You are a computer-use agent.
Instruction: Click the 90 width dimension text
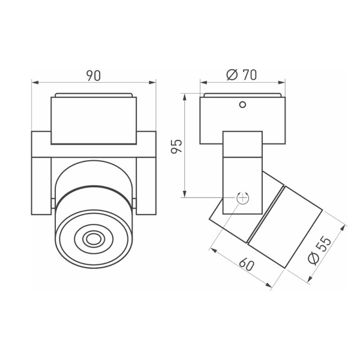pyautogui.click(x=93, y=76)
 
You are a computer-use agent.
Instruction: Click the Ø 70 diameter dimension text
pyautogui.click(x=242, y=76)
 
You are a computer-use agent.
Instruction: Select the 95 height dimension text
pyautogui.click(x=176, y=146)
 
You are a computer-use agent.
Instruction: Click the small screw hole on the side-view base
pyautogui.click(x=242, y=105)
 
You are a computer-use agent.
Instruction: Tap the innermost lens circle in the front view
pyautogui.click(x=93, y=239)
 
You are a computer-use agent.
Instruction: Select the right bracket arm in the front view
pyautogui.click(x=146, y=173)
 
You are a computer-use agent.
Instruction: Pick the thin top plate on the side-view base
pyautogui.click(x=242, y=95)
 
